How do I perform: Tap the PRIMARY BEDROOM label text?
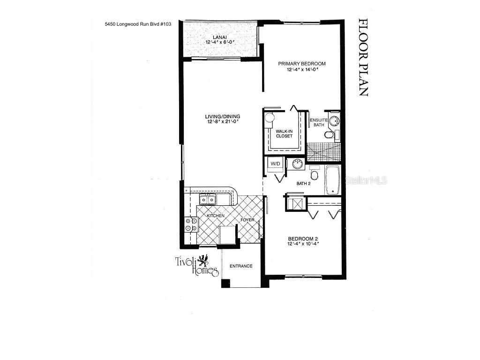click(301, 64)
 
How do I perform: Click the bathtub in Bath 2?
click(332, 180)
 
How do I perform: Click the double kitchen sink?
click(207, 200)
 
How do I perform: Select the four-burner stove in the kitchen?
click(191, 225)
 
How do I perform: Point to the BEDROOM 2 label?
click(303, 238)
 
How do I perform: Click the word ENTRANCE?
click(241, 266)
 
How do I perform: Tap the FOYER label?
click(247, 219)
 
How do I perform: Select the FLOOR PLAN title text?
click(363, 57)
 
